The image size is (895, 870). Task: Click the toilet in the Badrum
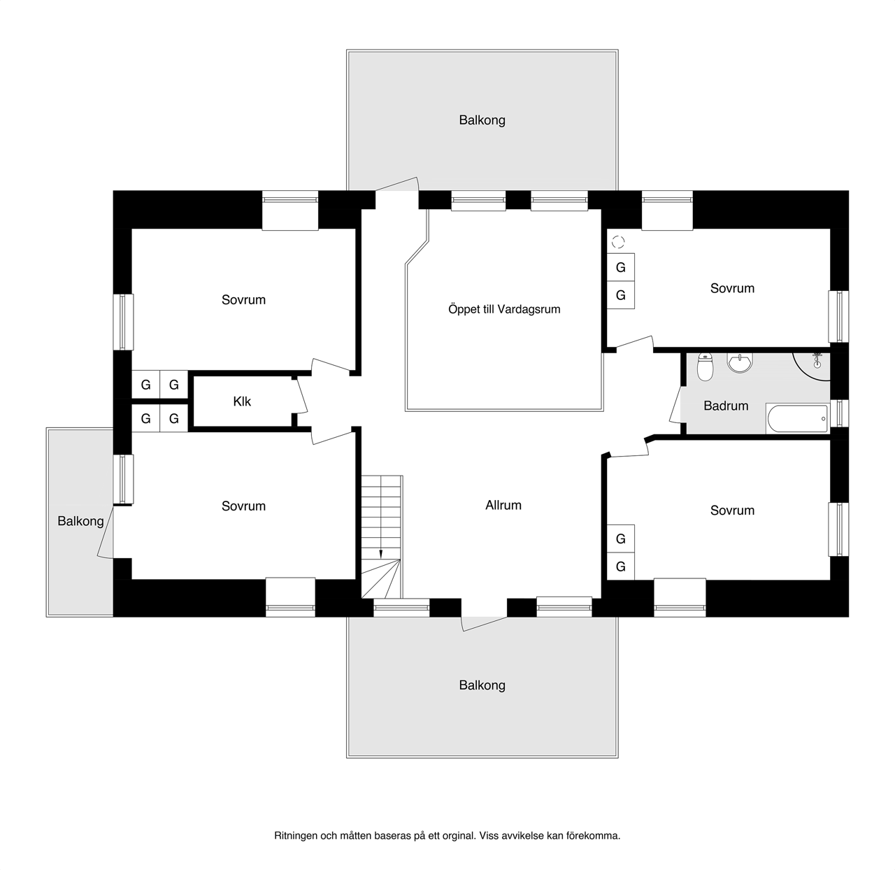tap(705, 366)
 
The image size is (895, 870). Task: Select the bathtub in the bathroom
tap(798, 419)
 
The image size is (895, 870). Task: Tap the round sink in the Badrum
tap(740, 362)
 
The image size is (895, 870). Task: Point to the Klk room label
tap(242, 401)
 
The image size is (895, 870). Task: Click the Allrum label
tap(503, 505)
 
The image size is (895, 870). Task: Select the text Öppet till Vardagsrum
tap(504, 309)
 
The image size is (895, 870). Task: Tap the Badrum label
tap(726, 406)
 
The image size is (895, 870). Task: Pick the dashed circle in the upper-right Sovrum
tap(618, 242)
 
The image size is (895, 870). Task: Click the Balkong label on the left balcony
tap(80, 521)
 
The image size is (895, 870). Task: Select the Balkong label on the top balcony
tap(482, 120)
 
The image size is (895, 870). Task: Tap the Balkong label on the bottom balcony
tap(482, 685)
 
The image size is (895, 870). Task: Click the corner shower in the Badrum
tap(812, 366)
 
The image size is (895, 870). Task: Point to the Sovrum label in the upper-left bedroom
tap(243, 300)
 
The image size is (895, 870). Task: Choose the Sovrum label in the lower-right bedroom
tap(732, 511)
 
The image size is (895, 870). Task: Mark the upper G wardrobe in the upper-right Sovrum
tap(620, 267)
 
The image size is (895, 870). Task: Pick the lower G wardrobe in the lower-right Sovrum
tap(620, 566)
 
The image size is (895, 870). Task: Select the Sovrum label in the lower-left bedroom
tap(243, 506)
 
